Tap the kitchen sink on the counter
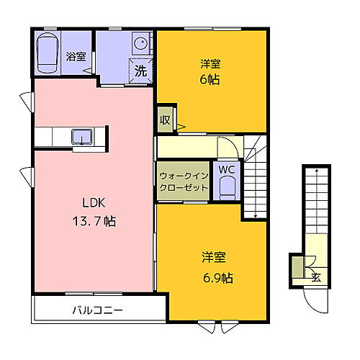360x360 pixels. (81, 135)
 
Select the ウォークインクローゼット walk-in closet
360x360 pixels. (184, 181)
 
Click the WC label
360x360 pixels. (227, 170)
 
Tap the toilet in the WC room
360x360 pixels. (227, 189)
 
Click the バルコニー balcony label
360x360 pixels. (97, 311)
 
